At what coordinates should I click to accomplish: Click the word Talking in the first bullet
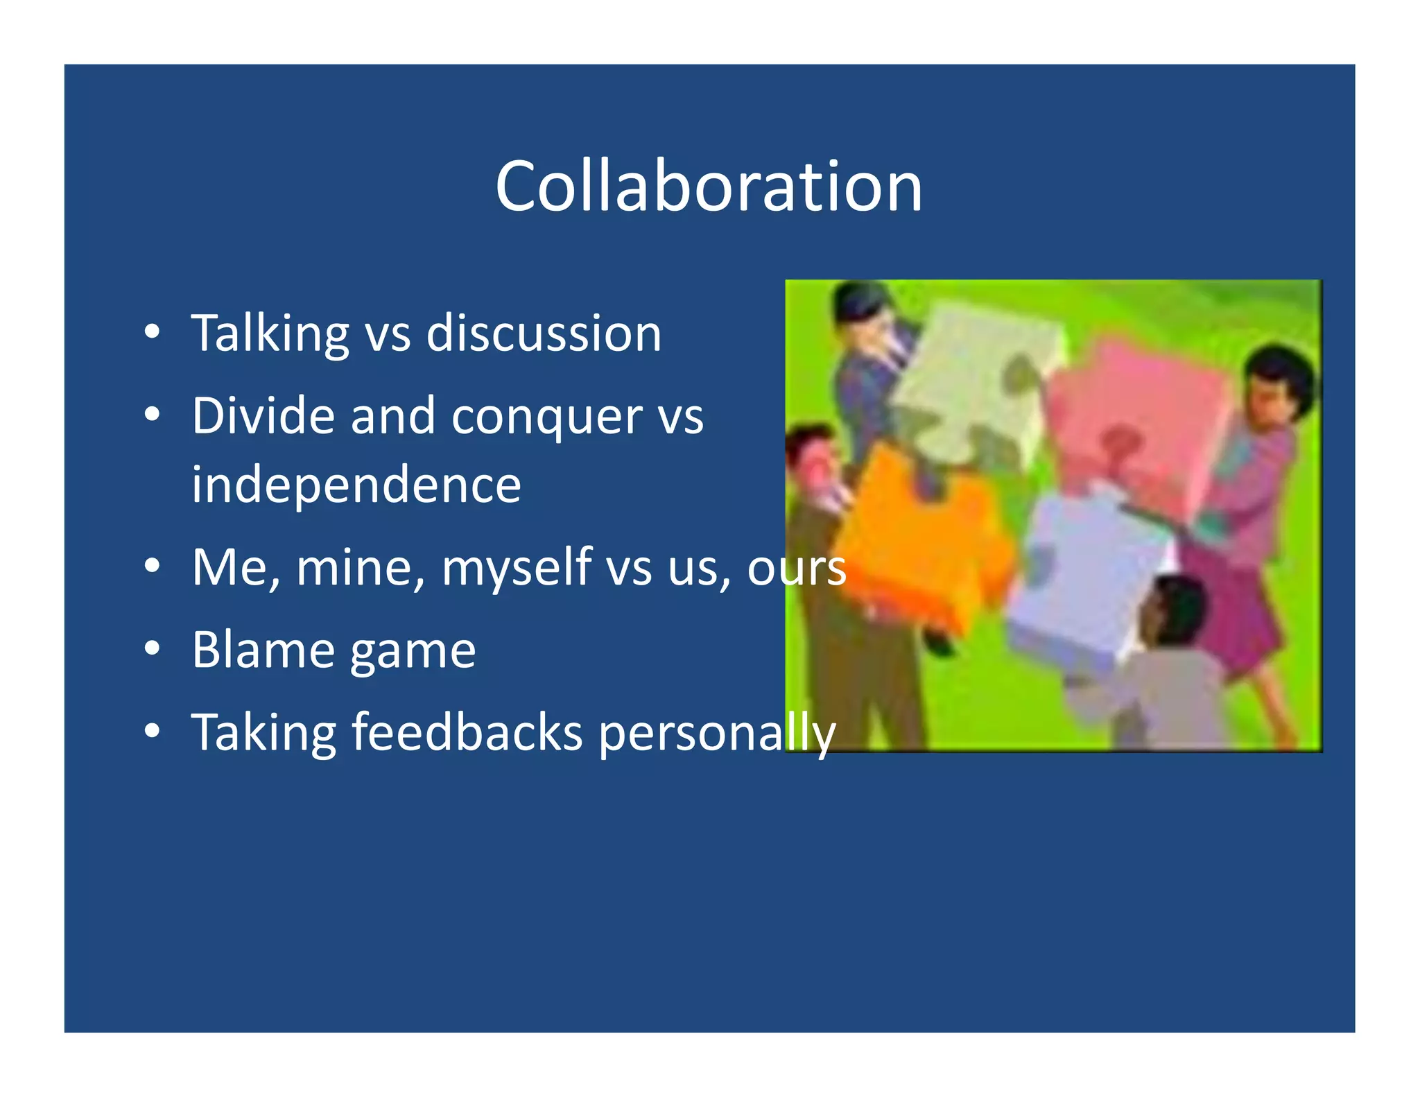(270, 334)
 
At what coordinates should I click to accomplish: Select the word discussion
(544, 334)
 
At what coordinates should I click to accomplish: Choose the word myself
(517, 567)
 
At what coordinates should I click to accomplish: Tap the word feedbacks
(467, 732)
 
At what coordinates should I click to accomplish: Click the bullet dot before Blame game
(153, 649)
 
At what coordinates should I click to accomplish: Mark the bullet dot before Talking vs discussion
(153, 332)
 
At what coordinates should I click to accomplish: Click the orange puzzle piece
(915, 541)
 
